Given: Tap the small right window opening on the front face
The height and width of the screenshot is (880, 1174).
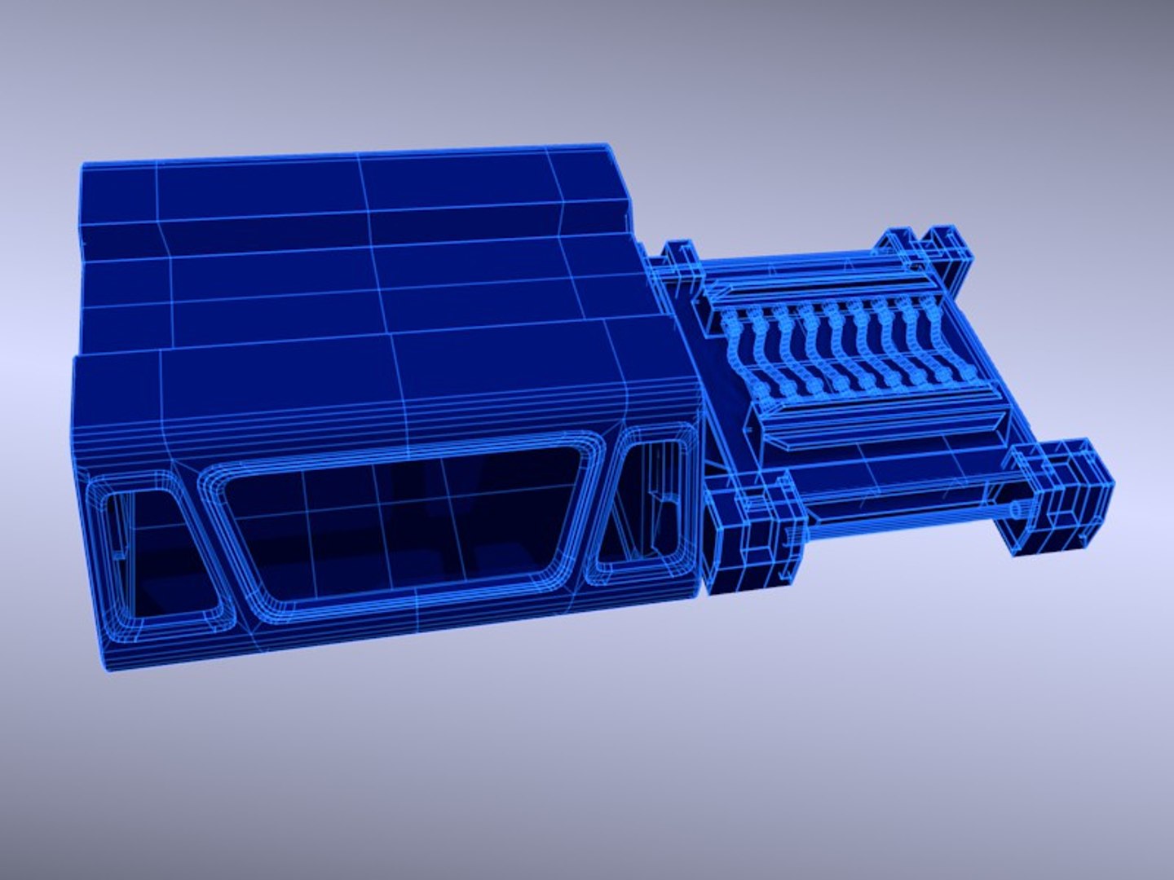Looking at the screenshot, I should click(644, 509).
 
